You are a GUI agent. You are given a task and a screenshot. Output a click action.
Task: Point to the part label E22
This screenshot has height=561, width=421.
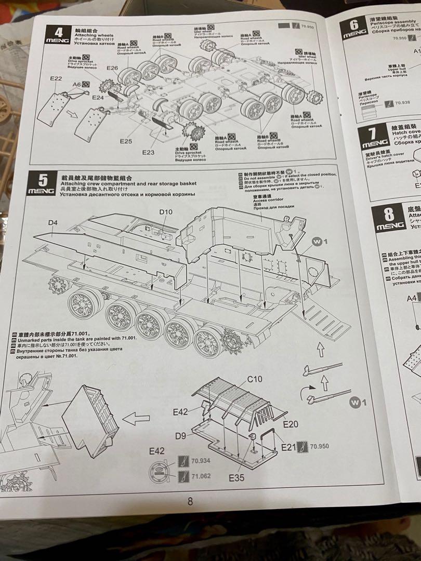[57, 79]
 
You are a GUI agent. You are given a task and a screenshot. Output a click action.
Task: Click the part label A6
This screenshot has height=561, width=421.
[77, 84]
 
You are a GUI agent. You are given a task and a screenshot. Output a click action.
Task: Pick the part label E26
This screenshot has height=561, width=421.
[112, 68]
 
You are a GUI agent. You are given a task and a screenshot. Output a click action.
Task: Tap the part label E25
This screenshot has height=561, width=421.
[126, 141]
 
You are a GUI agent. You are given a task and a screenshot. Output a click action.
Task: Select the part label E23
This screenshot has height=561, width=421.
[149, 153]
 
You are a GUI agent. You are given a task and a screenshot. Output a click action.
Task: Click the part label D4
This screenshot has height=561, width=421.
[52, 223]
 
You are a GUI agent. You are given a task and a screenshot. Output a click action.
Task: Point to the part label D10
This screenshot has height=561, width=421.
[165, 212]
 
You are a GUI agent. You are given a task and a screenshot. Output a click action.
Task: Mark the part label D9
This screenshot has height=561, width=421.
[180, 436]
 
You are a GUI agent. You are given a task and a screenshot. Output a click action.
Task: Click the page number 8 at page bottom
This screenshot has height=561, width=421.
[190, 501]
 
